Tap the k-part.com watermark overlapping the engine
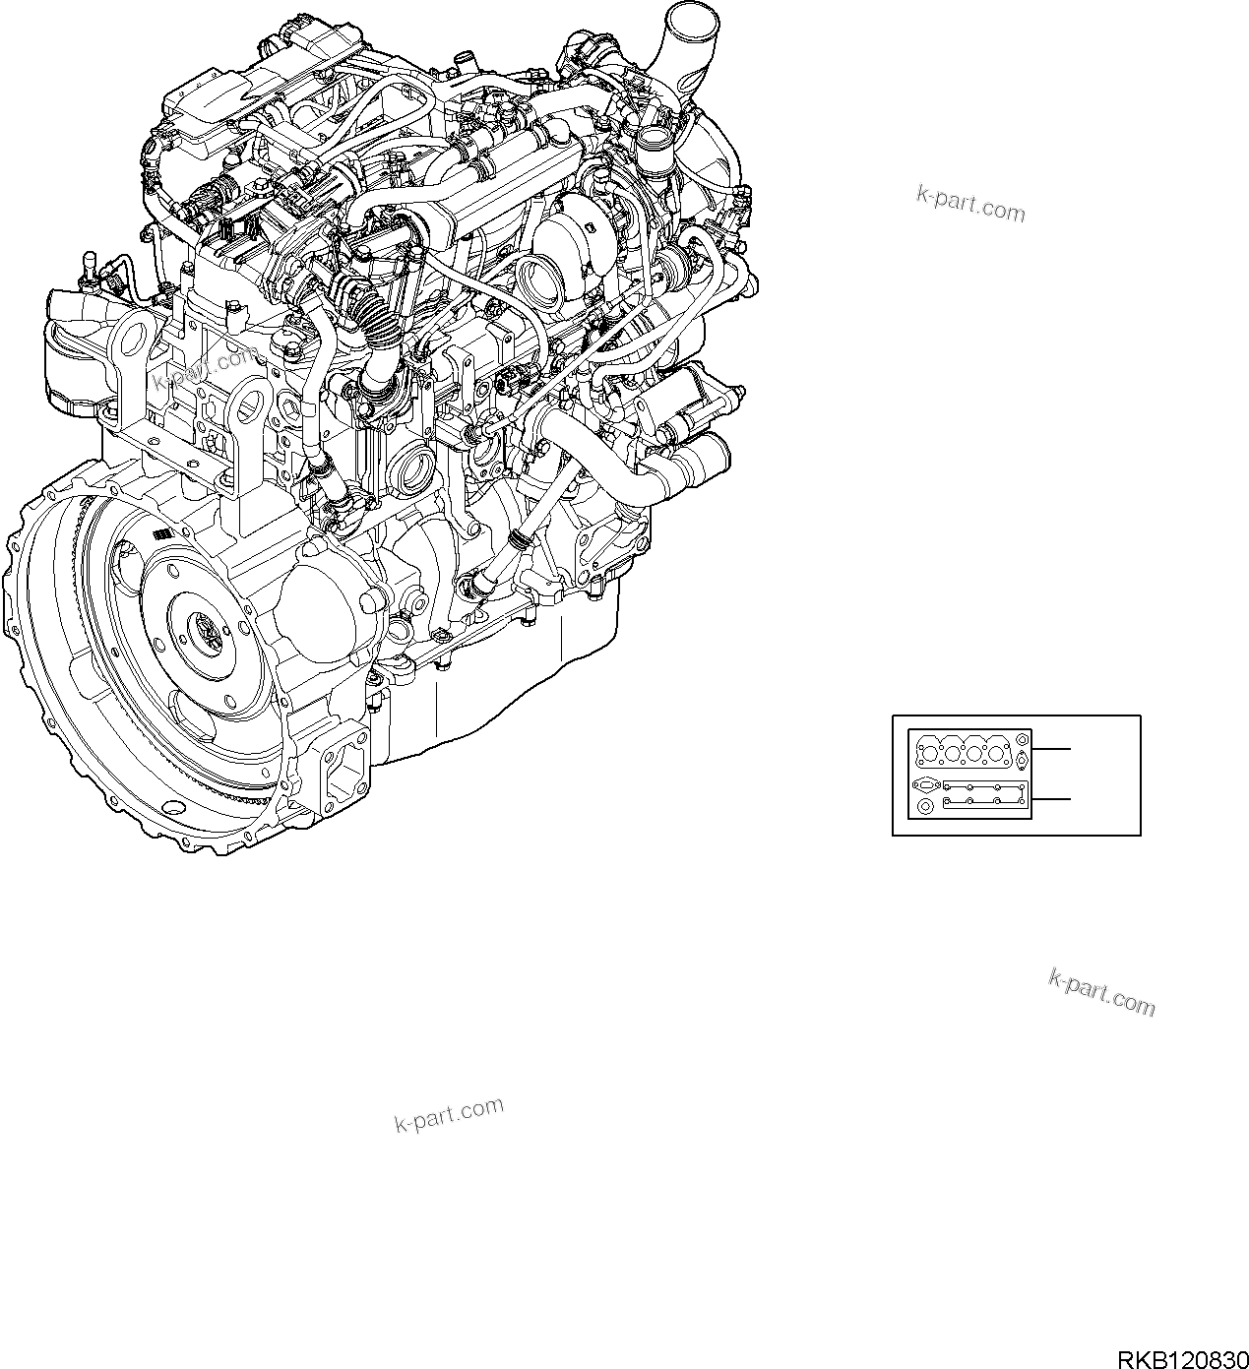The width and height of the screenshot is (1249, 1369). [x=206, y=368]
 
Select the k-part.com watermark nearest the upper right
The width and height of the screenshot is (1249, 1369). [x=969, y=204]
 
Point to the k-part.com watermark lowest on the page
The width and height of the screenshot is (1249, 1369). [x=449, y=1114]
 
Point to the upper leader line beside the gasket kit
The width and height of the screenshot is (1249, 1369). [x=1050, y=749]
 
